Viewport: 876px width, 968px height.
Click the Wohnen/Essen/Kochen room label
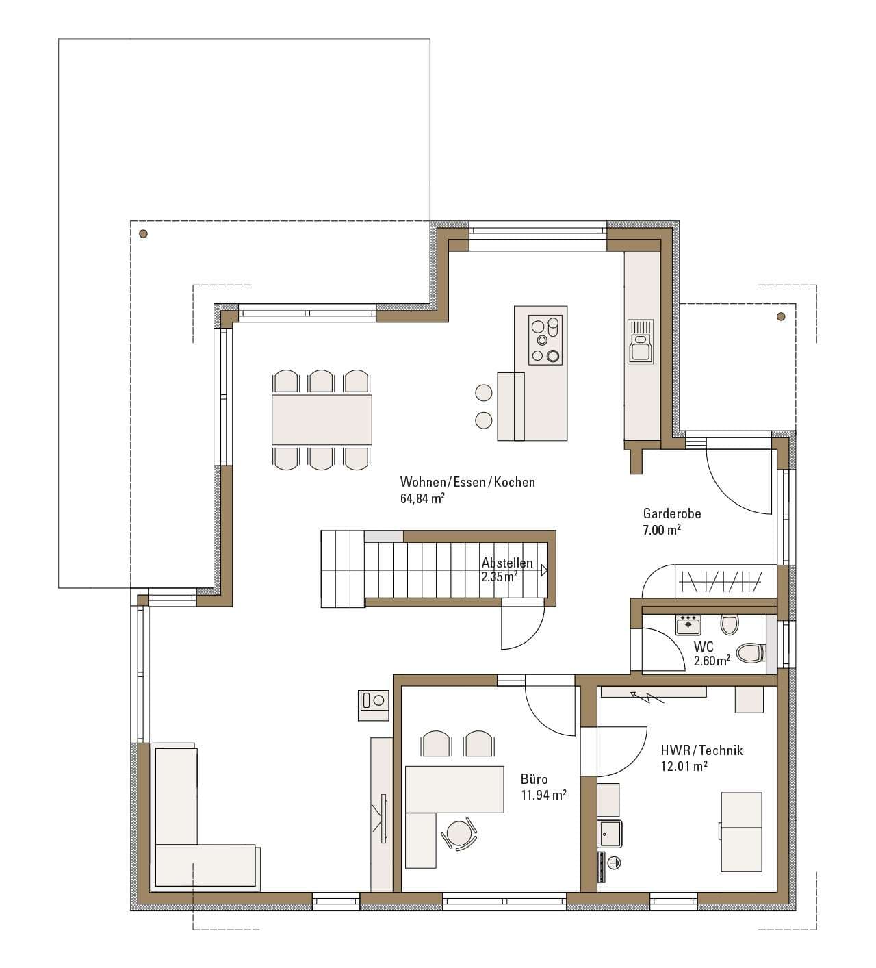467,482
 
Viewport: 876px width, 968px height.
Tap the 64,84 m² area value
422,498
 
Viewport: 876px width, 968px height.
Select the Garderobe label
672,513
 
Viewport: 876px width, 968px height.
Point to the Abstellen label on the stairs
506,563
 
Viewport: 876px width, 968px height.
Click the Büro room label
534,779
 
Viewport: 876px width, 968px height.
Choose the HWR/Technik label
701,750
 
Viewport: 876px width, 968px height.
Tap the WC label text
704,647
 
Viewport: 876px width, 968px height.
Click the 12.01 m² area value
684,766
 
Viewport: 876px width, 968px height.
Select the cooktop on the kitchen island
545,340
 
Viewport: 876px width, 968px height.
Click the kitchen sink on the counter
641,341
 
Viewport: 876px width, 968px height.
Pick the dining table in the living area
322,420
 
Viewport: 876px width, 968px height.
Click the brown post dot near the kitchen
781,316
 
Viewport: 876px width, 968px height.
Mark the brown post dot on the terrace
143,235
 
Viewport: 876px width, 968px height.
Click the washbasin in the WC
688,625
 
